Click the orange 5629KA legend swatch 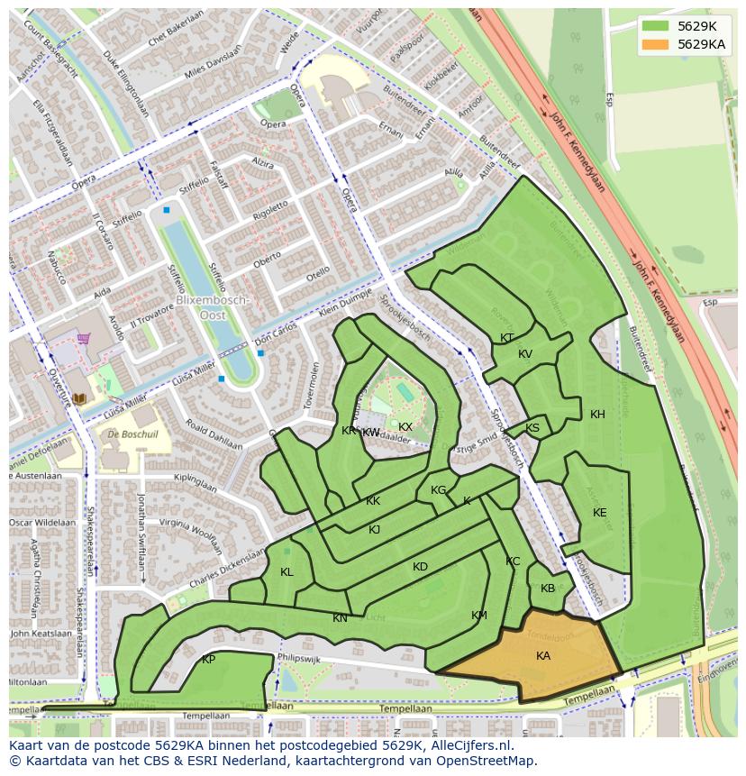click(655, 43)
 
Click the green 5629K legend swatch click(655, 26)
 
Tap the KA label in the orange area click(542, 656)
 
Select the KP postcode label click(208, 660)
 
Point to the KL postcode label click(287, 572)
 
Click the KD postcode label click(420, 567)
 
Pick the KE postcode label click(599, 513)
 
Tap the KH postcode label click(597, 415)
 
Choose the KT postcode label click(506, 338)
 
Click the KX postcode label click(405, 427)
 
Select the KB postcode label click(548, 589)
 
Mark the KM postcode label click(478, 616)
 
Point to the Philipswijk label click(299, 659)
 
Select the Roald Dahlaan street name click(214, 434)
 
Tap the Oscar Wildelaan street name click(42, 523)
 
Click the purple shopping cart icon click(84, 338)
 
